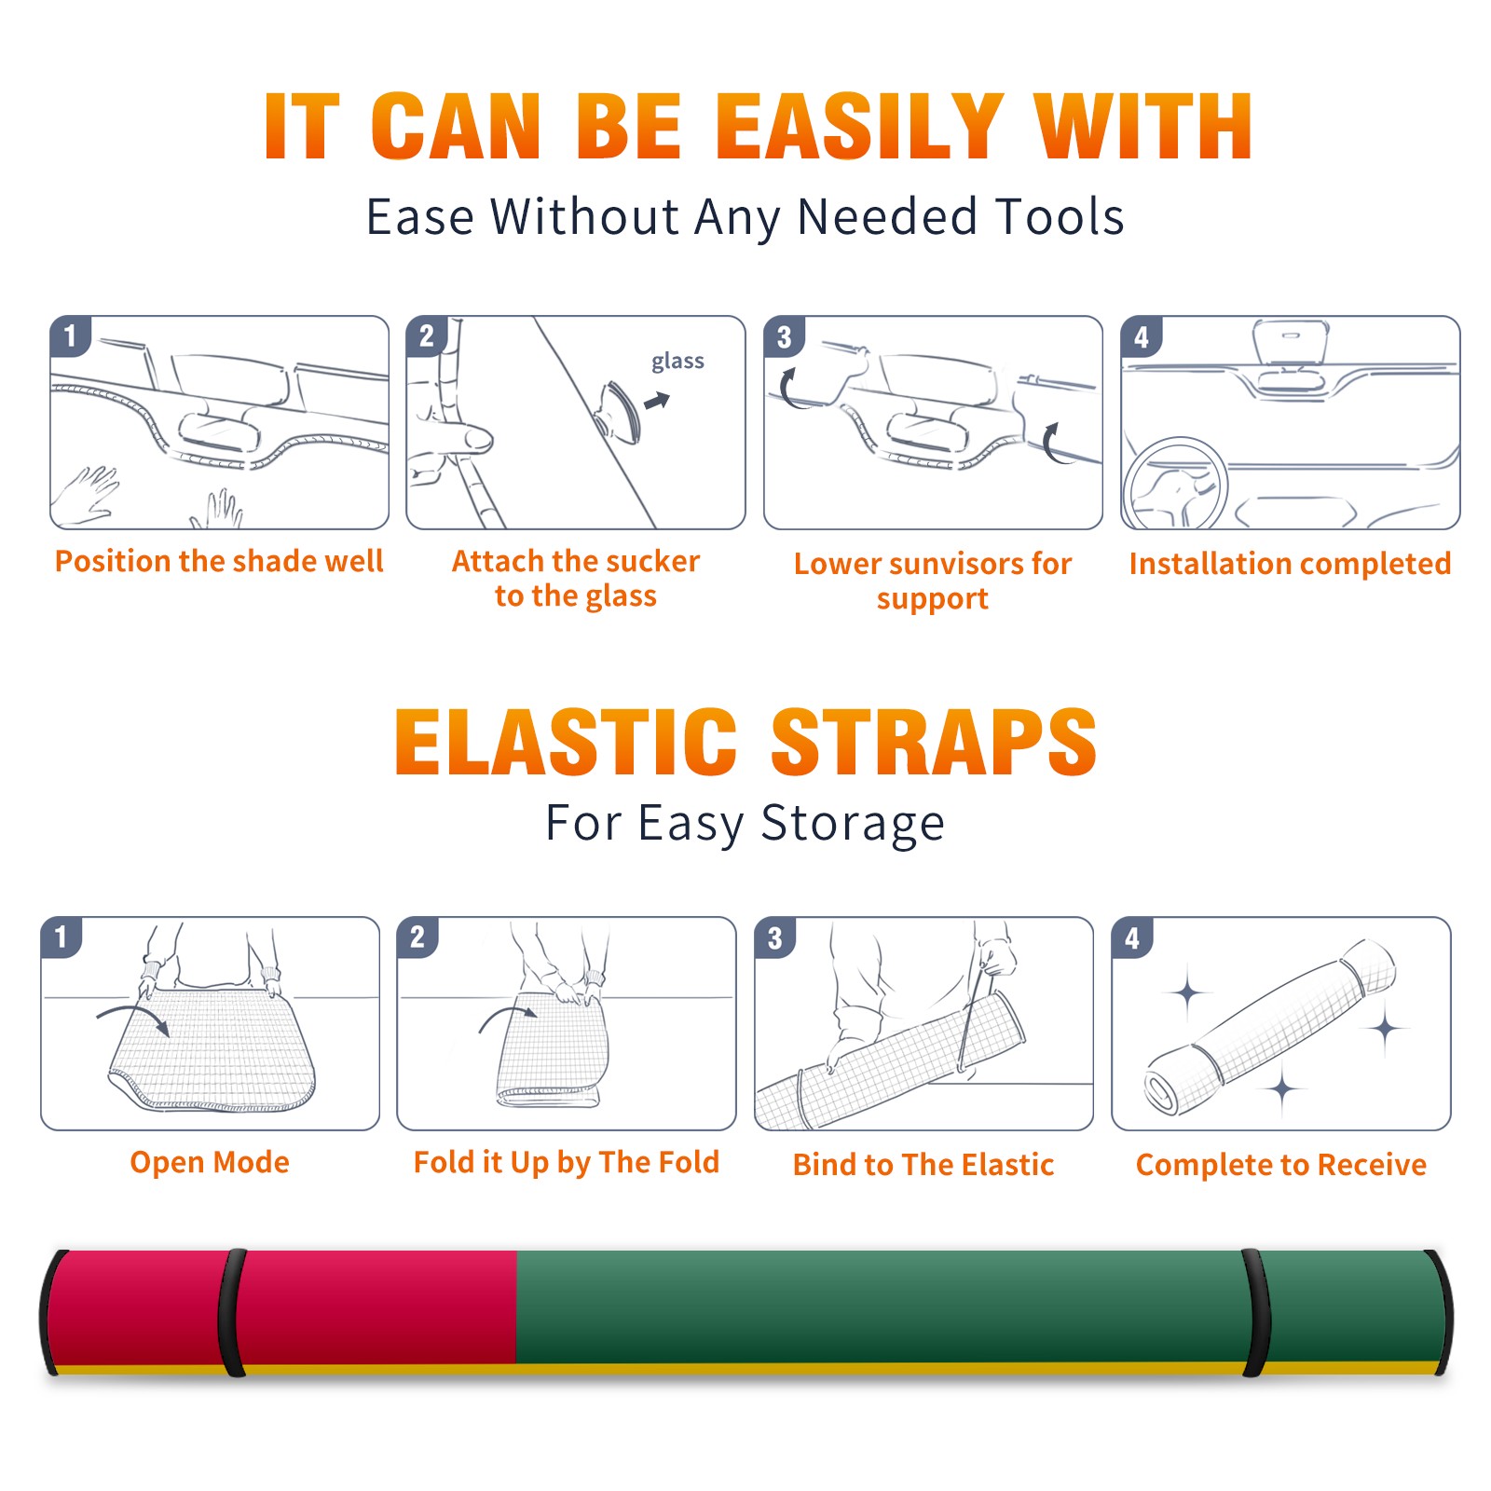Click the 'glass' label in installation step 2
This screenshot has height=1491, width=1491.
(x=677, y=362)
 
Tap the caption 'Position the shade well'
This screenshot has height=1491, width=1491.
(x=219, y=561)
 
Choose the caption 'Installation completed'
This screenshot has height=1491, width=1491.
(x=1290, y=563)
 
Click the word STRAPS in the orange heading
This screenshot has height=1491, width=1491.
(x=934, y=742)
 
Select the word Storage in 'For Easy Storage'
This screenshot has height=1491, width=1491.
(x=853, y=824)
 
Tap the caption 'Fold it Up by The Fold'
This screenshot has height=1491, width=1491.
(x=567, y=1162)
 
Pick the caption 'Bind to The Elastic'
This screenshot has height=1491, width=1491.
(x=923, y=1164)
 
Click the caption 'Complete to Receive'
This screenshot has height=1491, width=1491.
(x=1281, y=1165)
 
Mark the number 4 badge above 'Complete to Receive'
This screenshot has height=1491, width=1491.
(x=1132, y=937)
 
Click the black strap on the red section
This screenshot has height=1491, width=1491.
(x=232, y=1313)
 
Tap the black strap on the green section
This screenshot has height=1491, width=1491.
(x=1256, y=1313)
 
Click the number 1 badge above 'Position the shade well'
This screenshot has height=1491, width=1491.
(x=70, y=335)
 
